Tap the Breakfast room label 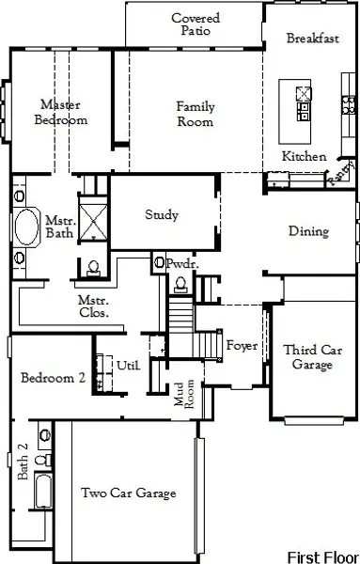pos(312,39)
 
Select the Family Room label pos(195,114)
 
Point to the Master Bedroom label pos(60,112)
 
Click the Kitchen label pos(305,156)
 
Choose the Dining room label pos(308,231)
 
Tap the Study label pos(161,215)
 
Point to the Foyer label pos(242,345)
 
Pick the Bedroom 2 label pos(54,378)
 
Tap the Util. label pos(129,365)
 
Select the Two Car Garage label pos(129,493)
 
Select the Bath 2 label pos(23,462)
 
